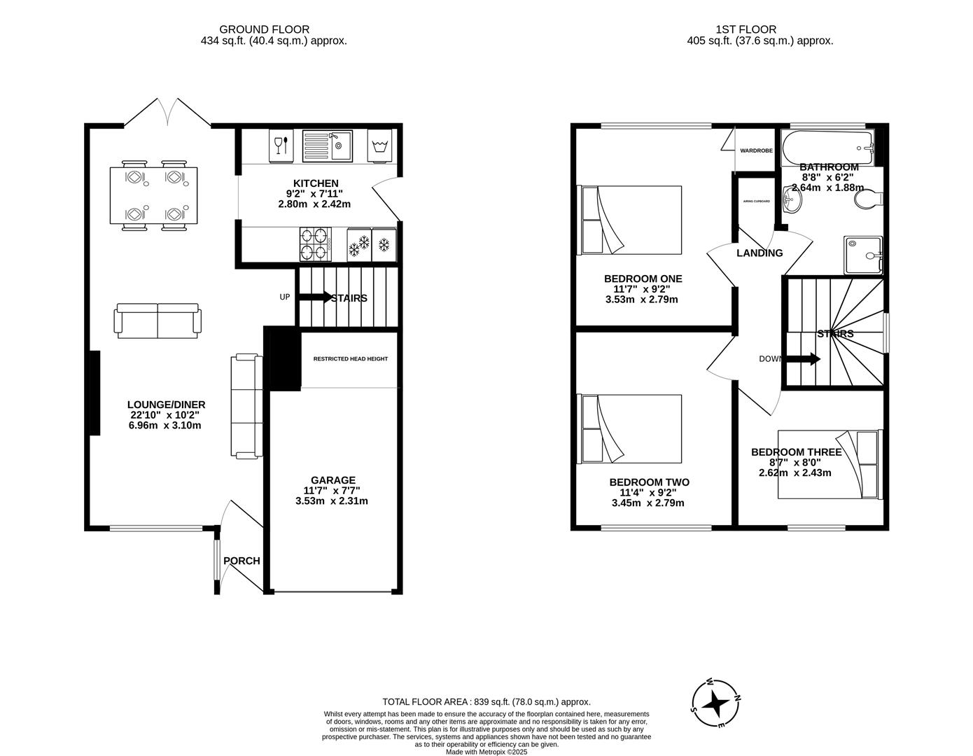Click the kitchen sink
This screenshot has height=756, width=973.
click(x=328, y=146)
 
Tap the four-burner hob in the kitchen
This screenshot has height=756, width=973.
click(x=315, y=244)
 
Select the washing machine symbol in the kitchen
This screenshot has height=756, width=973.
click(x=379, y=146)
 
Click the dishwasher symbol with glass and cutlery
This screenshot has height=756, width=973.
click(x=281, y=146)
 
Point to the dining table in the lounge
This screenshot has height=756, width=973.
click(x=153, y=195)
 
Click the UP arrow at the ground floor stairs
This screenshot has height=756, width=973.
click(x=315, y=297)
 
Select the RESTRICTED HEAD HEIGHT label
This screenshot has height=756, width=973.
click(x=351, y=358)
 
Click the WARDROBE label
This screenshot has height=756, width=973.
click(x=756, y=150)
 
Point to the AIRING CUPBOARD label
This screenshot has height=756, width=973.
click(x=756, y=202)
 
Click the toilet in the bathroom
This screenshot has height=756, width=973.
click(x=868, y=198)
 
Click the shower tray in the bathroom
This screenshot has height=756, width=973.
click(x=863, y=255)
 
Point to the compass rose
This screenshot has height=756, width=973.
click(x=715, y=704)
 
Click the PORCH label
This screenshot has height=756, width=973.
click(x=241, y=561)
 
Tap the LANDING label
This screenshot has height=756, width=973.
click(x=759, y=253)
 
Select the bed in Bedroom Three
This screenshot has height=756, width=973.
click(x=830, y=464)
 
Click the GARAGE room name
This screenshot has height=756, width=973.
click(x=333, y=480)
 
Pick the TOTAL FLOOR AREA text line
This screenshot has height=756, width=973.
click(x=486, y=702)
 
